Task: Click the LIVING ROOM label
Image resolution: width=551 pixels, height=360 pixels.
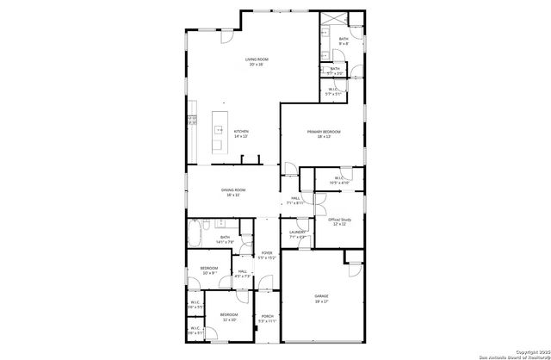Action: pyautogui.click(x=257, y=59)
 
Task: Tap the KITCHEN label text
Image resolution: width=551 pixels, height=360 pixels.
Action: pyautogui.click(x=241, y=131)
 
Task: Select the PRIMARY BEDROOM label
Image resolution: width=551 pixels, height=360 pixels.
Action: pyautogui.click(x=324, y=131)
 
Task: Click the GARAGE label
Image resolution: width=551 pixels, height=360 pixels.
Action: pyautogui.click(x=321, y=296)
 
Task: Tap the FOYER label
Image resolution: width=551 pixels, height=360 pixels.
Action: pyautogui.click(x=267, y=252)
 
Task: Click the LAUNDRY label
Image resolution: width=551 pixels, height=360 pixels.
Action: pyautogui.click(x=299, y=232)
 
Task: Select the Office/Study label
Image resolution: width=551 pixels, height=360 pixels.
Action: pyautogui.click(x=338, y=220)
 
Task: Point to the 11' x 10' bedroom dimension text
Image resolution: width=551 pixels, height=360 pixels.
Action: pyautogui.click(x=228, y=320)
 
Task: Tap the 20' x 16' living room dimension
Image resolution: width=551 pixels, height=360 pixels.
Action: pyautogui.click(x=257, y=65)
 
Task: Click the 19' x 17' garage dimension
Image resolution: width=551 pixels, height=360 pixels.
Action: pyautogui.click(x=321, y=301)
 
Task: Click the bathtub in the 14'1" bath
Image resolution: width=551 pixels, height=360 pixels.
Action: pyautogui.click(x=201, y=234)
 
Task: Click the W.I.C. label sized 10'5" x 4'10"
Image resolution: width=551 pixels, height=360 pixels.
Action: pyautogui.click(x=339, y=181)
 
